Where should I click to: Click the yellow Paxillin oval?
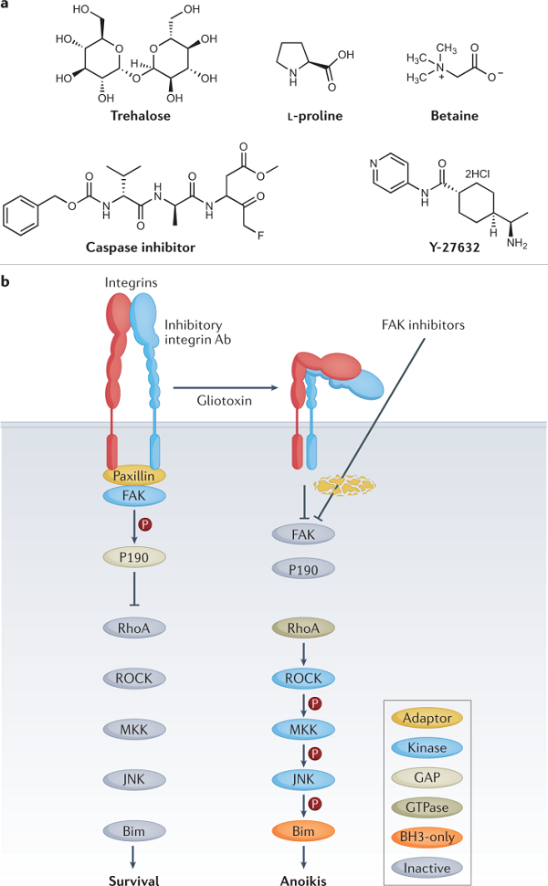point(134,475)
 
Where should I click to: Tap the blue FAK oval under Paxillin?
point(134,494)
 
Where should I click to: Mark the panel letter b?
point(7,283)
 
